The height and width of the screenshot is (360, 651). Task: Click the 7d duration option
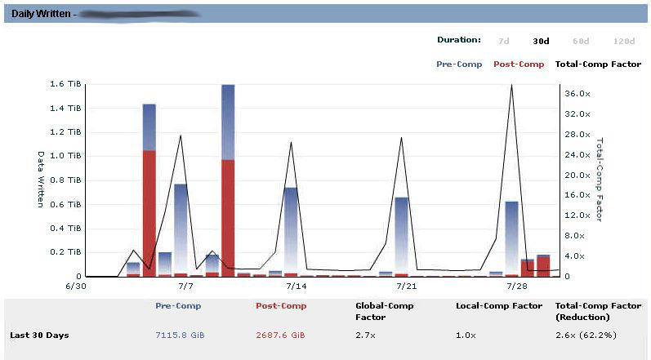[x=503, y=40]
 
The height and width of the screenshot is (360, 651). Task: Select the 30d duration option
[x=541, y=40]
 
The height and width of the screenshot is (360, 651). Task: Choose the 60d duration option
[x=581, y=40]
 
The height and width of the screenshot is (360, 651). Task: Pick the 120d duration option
[x=624, y=40]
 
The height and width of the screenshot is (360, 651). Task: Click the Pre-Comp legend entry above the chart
[x=459, y=64]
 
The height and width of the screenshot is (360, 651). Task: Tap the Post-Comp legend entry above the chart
[x=519, y=64]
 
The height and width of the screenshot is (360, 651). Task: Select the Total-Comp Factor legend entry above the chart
[x=598, y=64]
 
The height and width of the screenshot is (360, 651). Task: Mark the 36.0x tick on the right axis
[x=577, y=94]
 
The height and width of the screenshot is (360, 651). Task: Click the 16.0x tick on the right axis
[x=577, y=195]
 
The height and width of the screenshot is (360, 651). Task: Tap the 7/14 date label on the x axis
[x=296, y=287]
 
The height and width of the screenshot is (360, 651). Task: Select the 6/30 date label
[x=75, y=287]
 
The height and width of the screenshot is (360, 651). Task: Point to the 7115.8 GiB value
[x=178, y=336]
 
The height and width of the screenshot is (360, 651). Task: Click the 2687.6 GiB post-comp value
[x=281, y=336]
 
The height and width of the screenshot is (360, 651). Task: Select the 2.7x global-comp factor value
[x=364, y=336]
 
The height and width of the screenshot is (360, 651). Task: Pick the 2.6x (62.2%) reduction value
[x=585, y=336]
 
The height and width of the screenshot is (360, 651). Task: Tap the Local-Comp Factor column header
[x=498, y=306]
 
